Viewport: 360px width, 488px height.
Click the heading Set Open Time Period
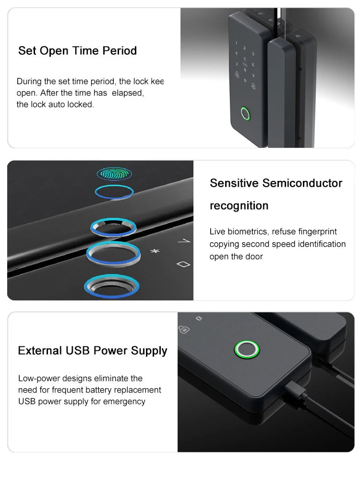(x=77, y=51)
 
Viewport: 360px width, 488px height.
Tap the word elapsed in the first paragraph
(x=128, y=93)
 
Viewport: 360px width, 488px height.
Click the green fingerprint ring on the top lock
(x=245, y=114)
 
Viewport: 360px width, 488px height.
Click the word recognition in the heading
(x=239, y=206)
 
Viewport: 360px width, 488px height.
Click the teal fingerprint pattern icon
(x=114, y=173)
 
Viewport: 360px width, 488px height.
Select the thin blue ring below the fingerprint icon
(x=114, y=192)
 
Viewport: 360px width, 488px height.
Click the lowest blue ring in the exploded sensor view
(x=113, y=287)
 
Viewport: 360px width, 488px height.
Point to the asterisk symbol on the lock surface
(x=155, y=251)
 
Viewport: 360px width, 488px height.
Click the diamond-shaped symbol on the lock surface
(x=183, y=264)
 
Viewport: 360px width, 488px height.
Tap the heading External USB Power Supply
(x=93, y=351)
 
